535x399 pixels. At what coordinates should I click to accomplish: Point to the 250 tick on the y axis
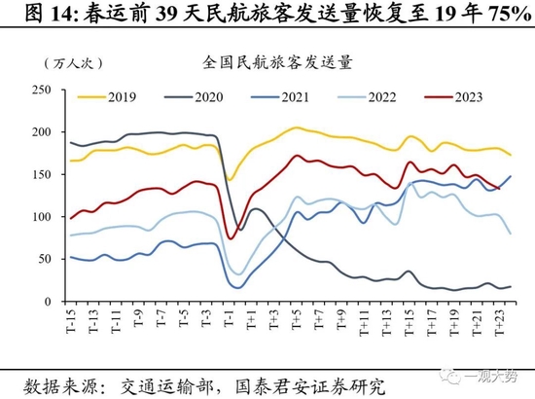[42, 91]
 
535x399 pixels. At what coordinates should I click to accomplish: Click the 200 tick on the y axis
[42, 132]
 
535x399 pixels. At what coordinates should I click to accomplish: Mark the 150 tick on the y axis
[42, 174]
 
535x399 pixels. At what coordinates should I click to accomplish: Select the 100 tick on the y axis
[42, 216]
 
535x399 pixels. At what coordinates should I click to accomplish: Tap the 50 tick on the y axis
[45, 259]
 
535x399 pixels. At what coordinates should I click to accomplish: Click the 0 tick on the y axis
[49, 301]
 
